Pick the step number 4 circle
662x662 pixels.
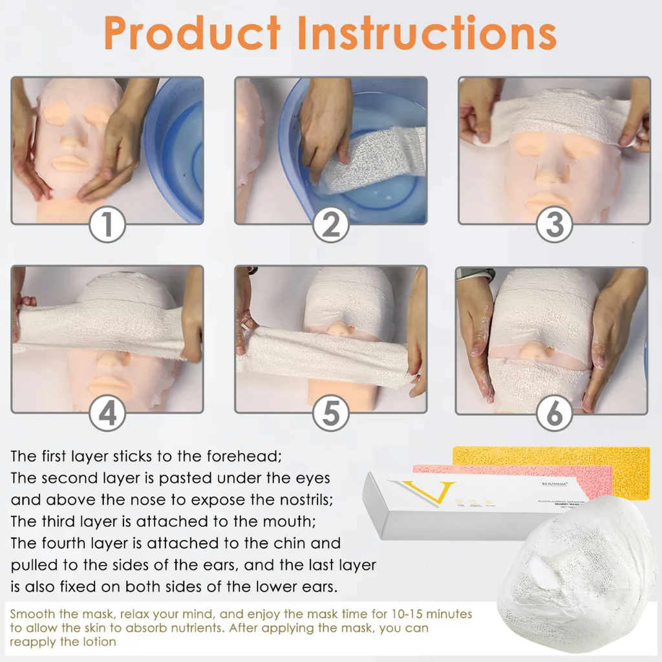click(x=107, y=414)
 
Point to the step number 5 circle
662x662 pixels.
click(x=330, y=414)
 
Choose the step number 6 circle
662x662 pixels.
click(x=555, y=414)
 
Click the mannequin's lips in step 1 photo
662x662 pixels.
click(x=71, y=163)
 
